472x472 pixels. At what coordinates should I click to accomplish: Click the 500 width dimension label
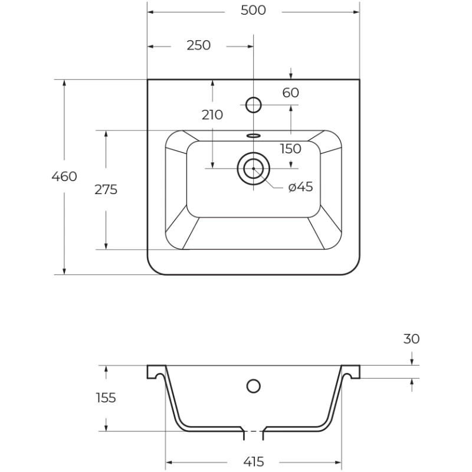253,11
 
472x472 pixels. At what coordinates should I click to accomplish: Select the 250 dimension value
198,45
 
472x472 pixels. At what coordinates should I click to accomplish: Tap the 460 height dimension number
64,176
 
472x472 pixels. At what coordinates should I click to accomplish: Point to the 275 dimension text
106,189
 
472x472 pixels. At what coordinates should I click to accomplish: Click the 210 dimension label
212,115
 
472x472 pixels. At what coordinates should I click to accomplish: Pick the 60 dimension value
290,93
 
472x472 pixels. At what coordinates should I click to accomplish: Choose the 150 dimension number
290,149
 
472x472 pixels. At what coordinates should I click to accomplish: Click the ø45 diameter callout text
300,187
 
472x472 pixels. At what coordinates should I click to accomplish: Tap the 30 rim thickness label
411,339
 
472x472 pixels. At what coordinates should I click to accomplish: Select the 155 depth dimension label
106,398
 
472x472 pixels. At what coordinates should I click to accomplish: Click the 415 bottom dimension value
253,462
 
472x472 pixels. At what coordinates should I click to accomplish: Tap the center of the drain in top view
254,169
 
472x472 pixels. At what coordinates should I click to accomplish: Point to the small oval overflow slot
254,136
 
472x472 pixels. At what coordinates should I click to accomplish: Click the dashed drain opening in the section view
254,431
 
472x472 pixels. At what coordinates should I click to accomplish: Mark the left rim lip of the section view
156,372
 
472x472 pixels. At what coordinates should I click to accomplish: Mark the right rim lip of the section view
350,372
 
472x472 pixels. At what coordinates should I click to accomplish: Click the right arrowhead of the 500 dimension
356,12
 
